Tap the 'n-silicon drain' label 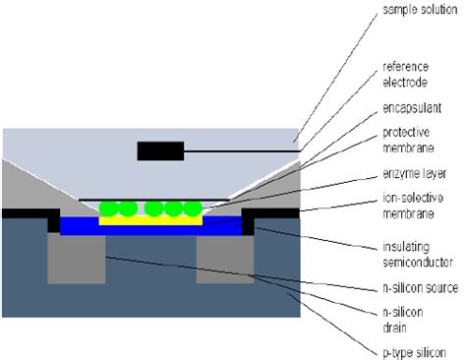click(401, 318)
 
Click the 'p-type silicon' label click(412, 351)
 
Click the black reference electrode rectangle click(159, 150)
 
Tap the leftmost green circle click(110, 209)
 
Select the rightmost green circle click(193, 209)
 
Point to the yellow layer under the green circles click(151, 220)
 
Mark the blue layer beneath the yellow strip click(147, 229)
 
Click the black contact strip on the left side click(29, 212)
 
